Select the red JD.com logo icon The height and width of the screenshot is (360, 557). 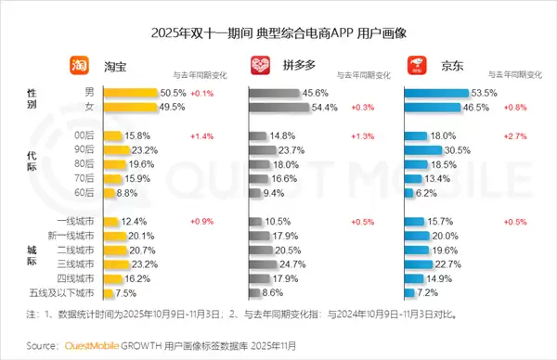[415, 66]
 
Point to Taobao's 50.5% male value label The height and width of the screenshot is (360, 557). [173, 94]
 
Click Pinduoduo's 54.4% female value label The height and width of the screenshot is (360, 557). [326, 109]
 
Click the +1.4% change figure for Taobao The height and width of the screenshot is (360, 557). [201, 136]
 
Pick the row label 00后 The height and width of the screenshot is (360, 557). [84, 136]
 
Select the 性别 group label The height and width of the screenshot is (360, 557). [33, 100]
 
